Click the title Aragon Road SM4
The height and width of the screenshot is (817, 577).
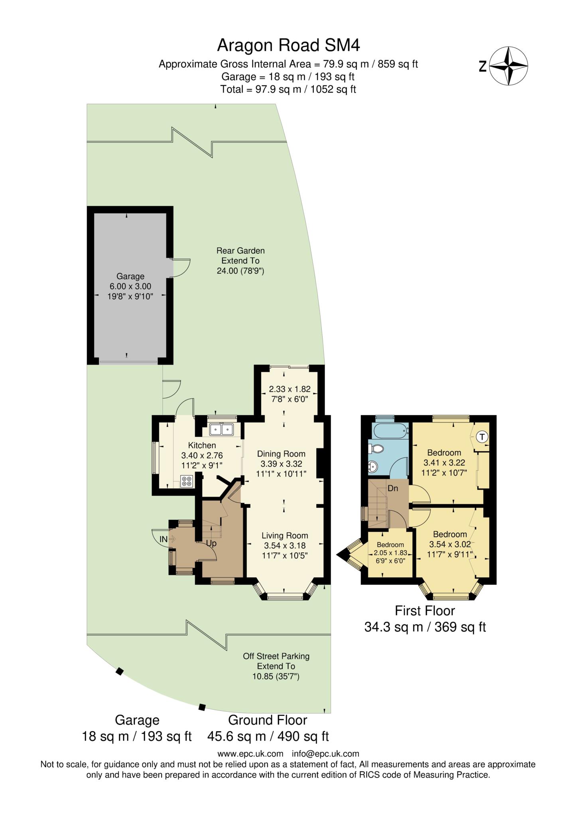point(288,45)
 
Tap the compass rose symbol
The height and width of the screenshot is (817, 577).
point(508,66)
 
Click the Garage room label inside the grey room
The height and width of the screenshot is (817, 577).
point(130,276)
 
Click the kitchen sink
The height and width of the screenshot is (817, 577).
point(221,429)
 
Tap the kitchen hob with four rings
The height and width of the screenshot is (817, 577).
point(186,481)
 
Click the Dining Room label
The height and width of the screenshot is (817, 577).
point(281,454)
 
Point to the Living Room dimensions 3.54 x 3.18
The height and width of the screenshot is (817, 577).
point(285,545)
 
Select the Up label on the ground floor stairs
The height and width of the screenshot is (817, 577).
point(211,543)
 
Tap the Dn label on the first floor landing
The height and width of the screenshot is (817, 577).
point(393,488)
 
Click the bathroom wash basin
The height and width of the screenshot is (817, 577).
point(372,466)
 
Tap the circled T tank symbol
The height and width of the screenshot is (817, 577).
point(482,437)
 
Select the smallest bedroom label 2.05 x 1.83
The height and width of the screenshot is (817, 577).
point(390,553)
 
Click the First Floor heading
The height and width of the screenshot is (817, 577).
point(425,611)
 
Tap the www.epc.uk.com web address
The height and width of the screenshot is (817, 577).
point(250,754)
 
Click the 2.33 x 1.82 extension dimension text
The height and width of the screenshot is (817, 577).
point(289,389)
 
